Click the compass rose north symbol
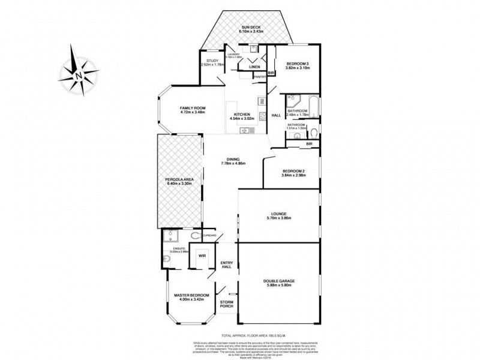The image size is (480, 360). [78, 74]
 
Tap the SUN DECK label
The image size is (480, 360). [250, 28]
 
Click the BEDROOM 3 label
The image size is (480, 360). [297, 64]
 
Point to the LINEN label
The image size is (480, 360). [255, 67]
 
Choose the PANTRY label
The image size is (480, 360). [260, 77]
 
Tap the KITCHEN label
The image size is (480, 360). [242, 114]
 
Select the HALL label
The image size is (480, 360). [277, 115]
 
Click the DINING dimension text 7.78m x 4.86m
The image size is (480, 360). [233, 163]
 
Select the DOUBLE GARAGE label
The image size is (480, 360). [278, 281]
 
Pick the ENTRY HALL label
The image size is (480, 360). [227, 265]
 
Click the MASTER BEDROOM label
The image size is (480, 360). [191, 295]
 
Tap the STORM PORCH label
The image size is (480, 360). [226, 304]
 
